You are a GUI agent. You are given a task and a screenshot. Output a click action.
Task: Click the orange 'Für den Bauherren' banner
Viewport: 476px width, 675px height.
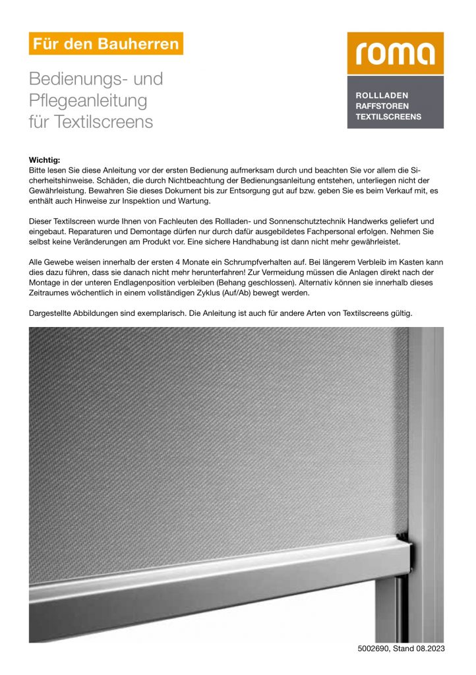(x=106, y=44)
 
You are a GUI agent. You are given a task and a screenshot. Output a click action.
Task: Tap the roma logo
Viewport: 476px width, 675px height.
(x=396, y=53)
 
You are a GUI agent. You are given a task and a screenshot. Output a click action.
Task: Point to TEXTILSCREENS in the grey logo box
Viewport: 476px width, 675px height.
(x=388, y=117)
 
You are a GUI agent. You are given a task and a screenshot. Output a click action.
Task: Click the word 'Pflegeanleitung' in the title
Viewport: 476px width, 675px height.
(x=88, y=101)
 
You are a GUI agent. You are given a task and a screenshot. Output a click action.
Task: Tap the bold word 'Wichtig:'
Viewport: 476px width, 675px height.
(x=45, y=160)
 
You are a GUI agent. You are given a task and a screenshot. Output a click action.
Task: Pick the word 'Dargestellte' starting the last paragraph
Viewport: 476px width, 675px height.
(x=52, y=313)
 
